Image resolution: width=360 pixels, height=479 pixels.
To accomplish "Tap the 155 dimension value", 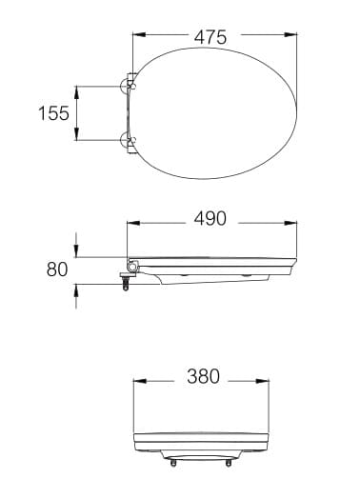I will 53,113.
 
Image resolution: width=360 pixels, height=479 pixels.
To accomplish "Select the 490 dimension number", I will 210,219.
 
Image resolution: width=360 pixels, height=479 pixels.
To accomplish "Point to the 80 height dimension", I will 57,269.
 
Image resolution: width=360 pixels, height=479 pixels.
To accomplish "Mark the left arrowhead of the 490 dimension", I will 130,219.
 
